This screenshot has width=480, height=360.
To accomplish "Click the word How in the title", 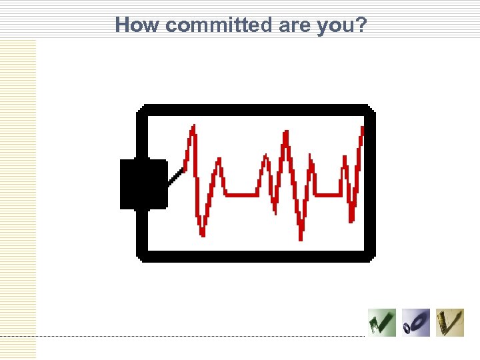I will point(138,25).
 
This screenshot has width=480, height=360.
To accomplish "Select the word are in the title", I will point(289,25).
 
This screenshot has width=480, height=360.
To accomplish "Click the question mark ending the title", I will point(361,25).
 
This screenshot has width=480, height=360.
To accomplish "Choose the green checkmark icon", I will point(381,323).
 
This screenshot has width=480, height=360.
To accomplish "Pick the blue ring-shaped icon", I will point(416,323).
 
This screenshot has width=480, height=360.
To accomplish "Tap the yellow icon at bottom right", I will point(450,323).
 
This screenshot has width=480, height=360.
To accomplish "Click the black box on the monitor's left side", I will point(143,185).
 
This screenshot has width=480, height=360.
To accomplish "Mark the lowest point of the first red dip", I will point(202,233).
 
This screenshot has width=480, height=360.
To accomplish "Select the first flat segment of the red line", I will point(241,195).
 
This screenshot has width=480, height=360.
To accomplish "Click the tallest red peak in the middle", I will point(286,133).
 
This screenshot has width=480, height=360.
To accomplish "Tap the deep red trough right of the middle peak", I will point(301,237).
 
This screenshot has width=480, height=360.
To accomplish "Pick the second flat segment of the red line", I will point(327,195).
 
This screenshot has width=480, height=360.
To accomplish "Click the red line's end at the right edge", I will point(362,129).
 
